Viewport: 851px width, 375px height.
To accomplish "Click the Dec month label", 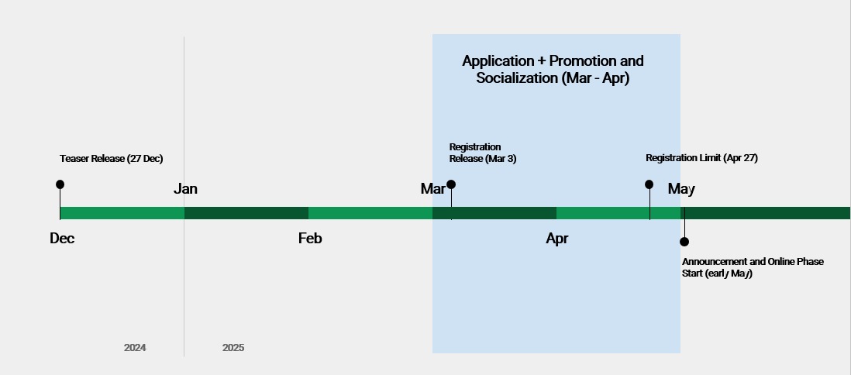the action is pos(62,238).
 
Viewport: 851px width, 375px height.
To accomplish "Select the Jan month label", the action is pos(185,189).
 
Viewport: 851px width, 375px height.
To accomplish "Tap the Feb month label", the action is pos(310,238).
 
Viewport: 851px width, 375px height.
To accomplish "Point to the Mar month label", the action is pos(432,189).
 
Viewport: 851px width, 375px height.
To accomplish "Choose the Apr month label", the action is pos(556,239).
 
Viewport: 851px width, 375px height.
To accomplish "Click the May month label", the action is pos(681,189).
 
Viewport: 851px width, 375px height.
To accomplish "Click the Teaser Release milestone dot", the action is pos(60,184).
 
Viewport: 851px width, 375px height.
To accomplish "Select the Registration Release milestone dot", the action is pos(451,184).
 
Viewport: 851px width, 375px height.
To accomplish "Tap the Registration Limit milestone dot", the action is pos(649,184).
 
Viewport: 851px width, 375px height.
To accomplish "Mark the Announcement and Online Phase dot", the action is pos(684,242).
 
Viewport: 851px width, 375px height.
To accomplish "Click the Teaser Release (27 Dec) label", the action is pos(112,159).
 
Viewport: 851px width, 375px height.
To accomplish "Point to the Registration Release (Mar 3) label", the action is pos(483,153).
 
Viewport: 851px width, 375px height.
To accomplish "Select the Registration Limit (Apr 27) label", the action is pos(701,158).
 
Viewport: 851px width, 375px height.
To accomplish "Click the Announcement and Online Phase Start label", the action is pos(753,267).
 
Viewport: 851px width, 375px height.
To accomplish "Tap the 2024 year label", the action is pos(135,348).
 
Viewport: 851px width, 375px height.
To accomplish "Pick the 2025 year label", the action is pos(233,348).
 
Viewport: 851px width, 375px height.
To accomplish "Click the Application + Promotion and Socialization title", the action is pos(553,69).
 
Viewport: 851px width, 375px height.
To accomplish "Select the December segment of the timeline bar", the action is pos(122,213).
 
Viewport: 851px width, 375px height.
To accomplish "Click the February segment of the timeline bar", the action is pos(370,213).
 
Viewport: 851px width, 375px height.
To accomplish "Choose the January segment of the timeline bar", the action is pos(246,213).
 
